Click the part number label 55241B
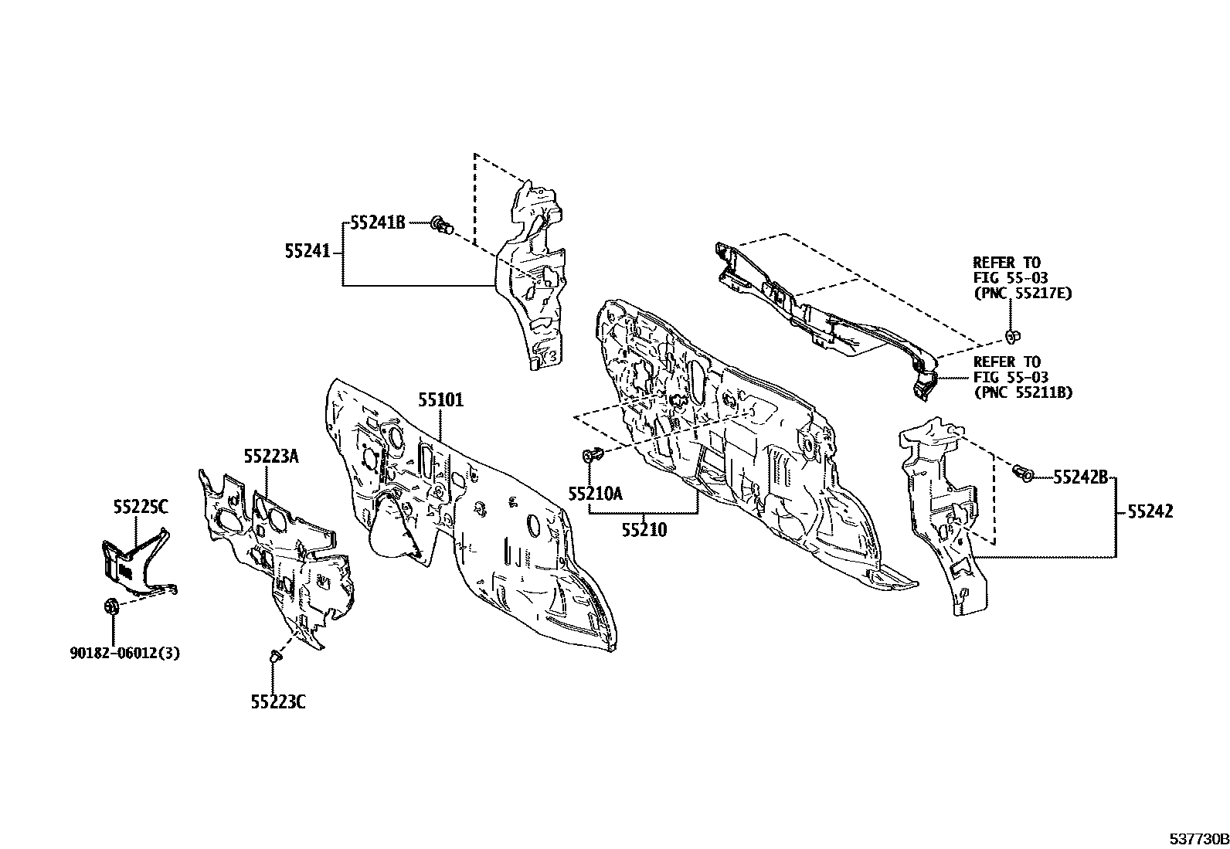378,222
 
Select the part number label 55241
307,252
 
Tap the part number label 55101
441,400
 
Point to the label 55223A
271,456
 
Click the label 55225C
141,507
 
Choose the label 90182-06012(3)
124,653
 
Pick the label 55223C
278,701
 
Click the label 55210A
595,494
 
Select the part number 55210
644,530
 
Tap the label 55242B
1080,477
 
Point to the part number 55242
1150,511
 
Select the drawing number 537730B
1199,839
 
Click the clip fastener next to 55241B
443,224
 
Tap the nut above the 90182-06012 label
110,607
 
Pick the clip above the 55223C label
275,655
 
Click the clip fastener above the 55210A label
592,455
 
